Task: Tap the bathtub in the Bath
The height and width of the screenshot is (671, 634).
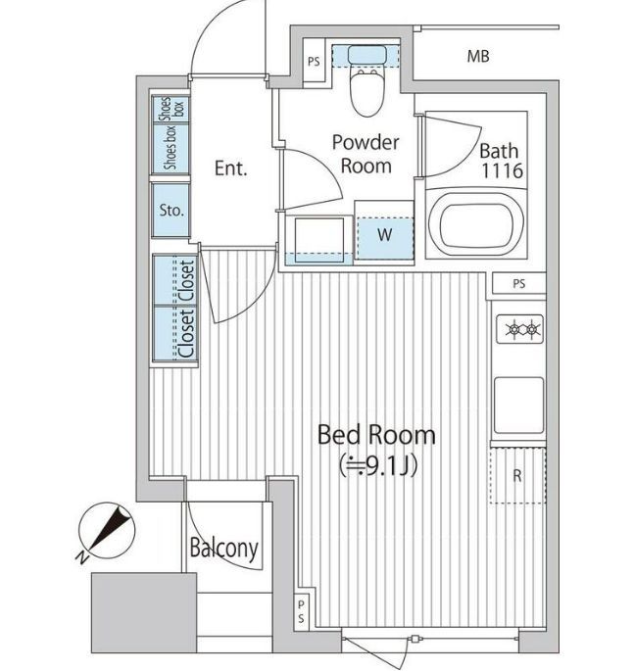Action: (475, 224)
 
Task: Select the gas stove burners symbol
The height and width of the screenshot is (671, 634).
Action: (519, 329)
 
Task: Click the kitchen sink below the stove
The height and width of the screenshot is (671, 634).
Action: (518, 406)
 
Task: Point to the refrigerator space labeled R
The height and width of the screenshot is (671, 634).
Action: (517, 475)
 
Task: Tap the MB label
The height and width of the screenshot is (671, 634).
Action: (478, 56)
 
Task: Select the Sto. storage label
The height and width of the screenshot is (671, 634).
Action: (171, 210)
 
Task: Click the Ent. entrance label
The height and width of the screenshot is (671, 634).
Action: (230, 168)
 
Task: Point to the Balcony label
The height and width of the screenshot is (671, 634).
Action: (223, 549)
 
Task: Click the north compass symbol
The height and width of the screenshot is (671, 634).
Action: (106, 531)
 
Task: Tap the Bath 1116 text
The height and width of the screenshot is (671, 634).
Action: (501, 161)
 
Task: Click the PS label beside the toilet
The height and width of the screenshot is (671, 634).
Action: (314, 62)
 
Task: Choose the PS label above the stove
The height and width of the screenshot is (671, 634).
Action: (518, 284)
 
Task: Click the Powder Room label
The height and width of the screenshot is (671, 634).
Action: (366, 154)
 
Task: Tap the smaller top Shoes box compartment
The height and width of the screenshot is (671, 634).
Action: (171, 109)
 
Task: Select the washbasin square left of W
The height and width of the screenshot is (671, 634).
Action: (319, 240)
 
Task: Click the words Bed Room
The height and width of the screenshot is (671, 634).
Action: (376, 435)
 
